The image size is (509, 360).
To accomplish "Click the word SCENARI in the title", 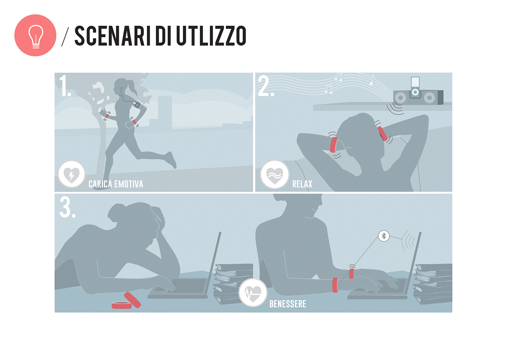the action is click(x=109, y=36).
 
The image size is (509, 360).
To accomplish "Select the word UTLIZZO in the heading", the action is click(x=211, y=36).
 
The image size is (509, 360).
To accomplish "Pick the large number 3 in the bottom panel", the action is click(x=67, y=207).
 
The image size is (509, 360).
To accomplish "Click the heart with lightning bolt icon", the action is click(x=72, y=174).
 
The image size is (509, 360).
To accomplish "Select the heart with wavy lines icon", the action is click(x=274, y=175).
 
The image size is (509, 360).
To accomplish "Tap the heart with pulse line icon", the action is click(x=253, y=293).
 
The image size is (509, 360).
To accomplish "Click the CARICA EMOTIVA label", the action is click(x=116, y=184).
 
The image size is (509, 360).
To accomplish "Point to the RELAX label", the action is click(x=302, y=184).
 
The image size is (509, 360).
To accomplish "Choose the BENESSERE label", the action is click(x=288, y=304).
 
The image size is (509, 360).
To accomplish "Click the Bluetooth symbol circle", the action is click(x=384, y=236).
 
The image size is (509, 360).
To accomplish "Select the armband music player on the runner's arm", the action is click(x=136, y=104).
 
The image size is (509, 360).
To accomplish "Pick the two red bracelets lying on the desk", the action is click(x=126, y=300).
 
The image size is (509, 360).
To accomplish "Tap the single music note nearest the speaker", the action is click(x=372, y=80).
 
